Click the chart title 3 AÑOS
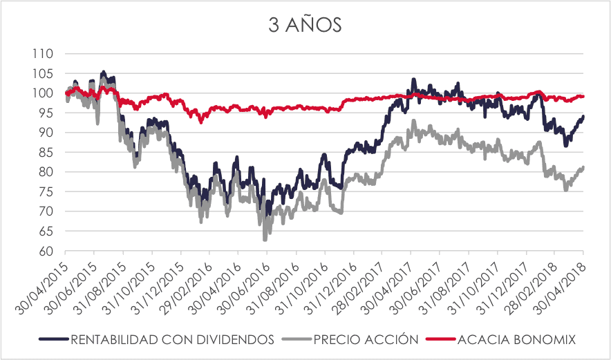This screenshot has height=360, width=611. pos(305,26)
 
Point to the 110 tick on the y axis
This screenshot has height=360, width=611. pos(48,53)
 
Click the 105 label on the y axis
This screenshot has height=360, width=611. pos(48,73)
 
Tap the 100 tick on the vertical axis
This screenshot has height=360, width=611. pos(48,93)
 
